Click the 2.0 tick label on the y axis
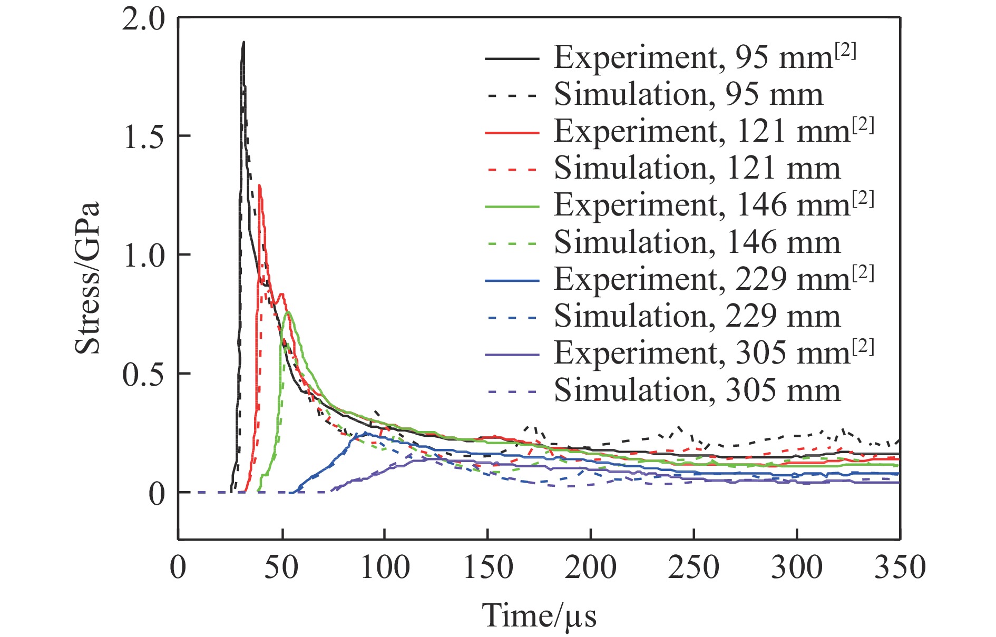point(143,20)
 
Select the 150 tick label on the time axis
point(487,567)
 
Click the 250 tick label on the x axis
point(694,567)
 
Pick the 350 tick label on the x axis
point(900,567)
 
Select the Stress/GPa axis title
point(87,278)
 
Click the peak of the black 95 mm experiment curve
point(243,42)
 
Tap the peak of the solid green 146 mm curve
point(288,312)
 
